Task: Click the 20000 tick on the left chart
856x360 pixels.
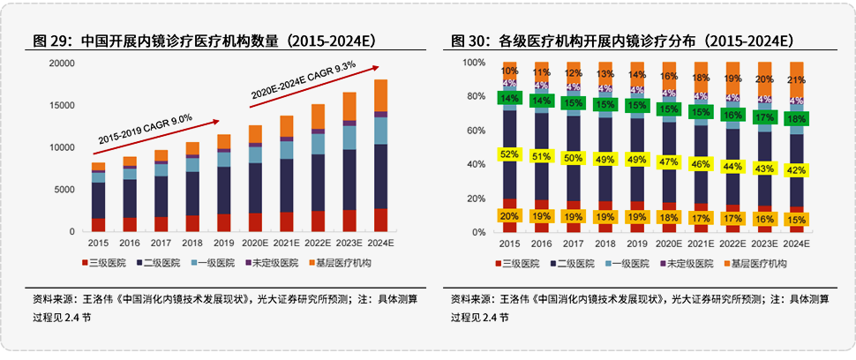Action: point(61,64)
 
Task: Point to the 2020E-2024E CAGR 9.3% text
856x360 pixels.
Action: point(303,79)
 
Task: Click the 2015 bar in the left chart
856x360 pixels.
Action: point(98,196)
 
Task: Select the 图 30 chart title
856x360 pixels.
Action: point(621,41)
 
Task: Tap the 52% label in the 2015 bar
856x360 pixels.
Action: point(509,154)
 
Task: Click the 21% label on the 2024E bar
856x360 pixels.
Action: point(796,81)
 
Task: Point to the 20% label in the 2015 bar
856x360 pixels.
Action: point(509,216)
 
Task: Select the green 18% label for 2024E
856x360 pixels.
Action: point(796,118)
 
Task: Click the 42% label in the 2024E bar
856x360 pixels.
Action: point(796,170)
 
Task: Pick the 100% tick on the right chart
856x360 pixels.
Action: point(473,64)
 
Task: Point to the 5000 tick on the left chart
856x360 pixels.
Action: point(64,190)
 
